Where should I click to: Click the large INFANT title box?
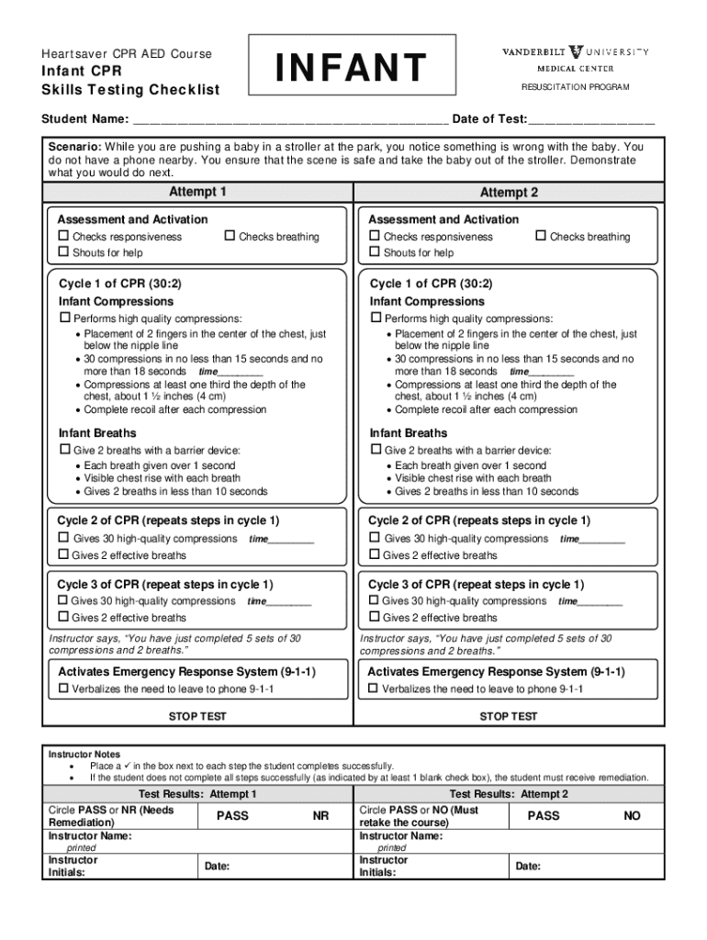click(353, 67)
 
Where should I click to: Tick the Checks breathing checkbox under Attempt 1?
click(230, 236)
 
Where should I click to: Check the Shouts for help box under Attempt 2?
click(374, 252)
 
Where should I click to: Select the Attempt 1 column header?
click(197, 192)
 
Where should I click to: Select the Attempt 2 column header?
click(509, 193)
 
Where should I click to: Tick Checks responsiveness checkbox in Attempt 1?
click(64, 236)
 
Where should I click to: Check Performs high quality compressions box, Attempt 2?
click(375, 317)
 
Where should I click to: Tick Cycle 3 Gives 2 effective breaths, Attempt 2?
click(375, 617)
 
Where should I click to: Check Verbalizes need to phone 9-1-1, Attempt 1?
click(64, 688)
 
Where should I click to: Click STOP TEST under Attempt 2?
click(509, 717)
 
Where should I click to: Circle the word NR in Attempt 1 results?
click(320, 816)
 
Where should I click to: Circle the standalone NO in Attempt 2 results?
click(632, 816)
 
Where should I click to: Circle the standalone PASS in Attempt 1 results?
click(232, 816)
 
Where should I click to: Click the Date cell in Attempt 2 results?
click(588, 866)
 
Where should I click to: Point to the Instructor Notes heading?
click(84, 755)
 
